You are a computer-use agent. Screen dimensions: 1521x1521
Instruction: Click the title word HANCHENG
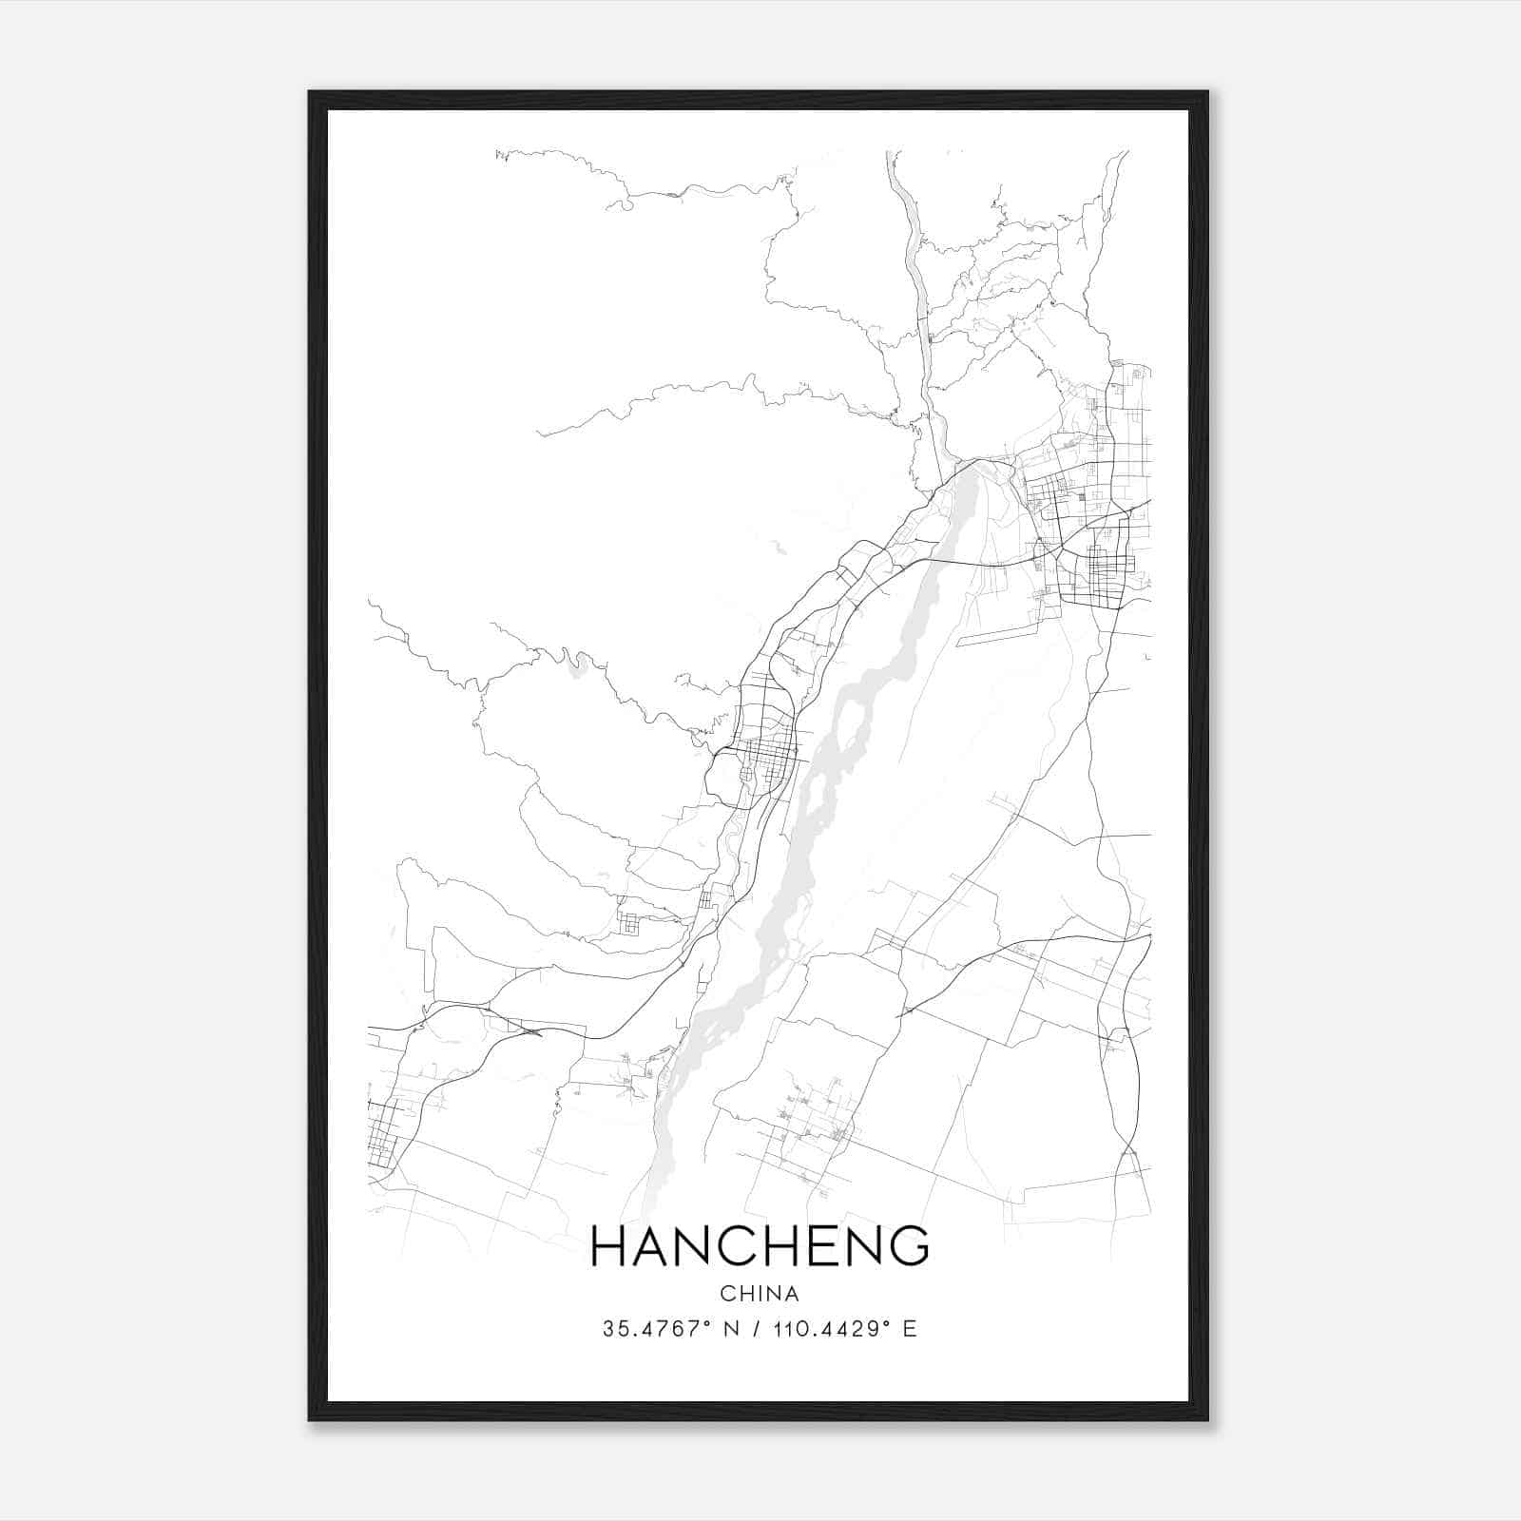click(x=760, y=1246)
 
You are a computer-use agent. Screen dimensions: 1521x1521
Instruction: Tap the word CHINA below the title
click(x=760, y=1294)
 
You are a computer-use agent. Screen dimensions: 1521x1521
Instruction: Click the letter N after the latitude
click(x=731, y=1329)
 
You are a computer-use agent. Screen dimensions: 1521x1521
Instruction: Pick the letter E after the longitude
click(x=910, y=1329)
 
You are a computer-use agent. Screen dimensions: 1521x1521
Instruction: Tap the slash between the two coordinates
click(x=757, y=1329)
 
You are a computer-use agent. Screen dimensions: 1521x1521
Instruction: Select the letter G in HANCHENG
click(x=908, y=1246)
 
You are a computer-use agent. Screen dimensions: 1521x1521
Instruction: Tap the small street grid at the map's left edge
click(x=385, y=1136)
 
